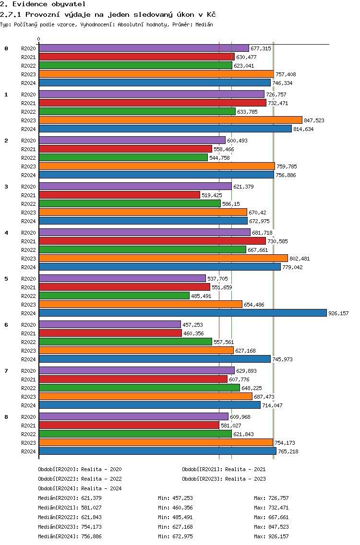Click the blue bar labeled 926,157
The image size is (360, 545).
click(x=182, y=313)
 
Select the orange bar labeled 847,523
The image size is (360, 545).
click(x=170, y=120)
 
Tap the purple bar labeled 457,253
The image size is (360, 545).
click(x=110, y=325)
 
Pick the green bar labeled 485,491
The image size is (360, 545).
click(x=114, y=296)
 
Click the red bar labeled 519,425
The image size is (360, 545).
click(x=120, y=195)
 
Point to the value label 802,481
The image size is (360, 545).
click(x=300, y=259)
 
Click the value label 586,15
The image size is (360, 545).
click(x=231, y=204)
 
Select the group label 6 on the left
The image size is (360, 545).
click(x=6, y=325)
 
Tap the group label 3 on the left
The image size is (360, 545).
click(x=6, y=187)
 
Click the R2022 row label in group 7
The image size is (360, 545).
click(x=28, y=388)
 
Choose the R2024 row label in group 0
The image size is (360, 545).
click(x=28, y=83)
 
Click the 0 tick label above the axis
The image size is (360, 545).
click(x=39, y=39)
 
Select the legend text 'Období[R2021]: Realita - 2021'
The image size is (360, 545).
click(x=224, y=469)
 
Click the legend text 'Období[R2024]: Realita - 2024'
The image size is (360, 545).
click(x=80, y=488)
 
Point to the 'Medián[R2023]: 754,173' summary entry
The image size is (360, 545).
click(x=70, y=527)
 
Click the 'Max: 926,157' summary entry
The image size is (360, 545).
click(x=271, y=536)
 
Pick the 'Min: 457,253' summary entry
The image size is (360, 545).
click(x=175, y=498)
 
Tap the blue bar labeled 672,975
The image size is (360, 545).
click(x=143, y=221)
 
